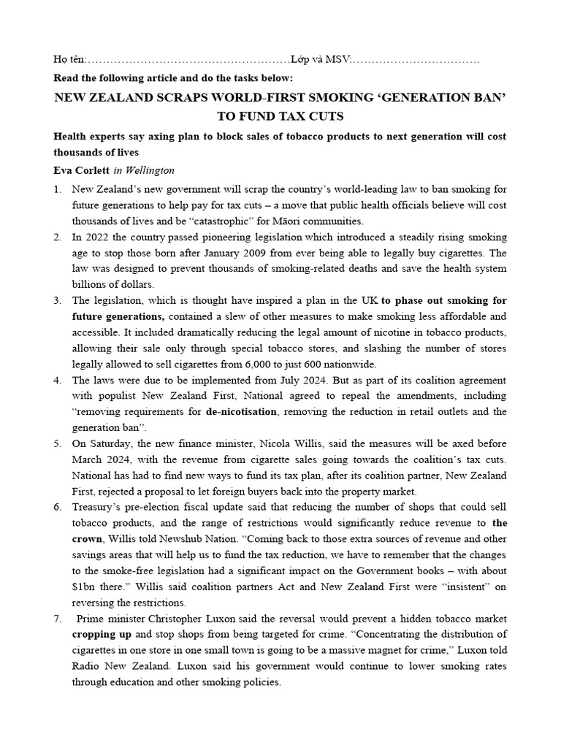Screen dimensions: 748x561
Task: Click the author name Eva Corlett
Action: [80, 170]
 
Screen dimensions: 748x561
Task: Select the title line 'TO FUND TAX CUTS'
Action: [280, 116]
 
